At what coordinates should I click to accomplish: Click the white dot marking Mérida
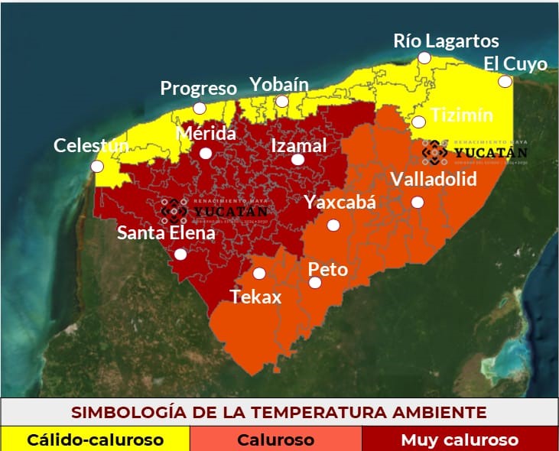point(205,153)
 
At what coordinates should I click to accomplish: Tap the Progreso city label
point(198,88)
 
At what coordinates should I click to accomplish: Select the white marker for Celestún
point(96,166)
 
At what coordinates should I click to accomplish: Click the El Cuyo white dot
point(505,81)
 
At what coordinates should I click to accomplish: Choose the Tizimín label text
point(462,115)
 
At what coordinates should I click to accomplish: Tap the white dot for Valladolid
point(418,202)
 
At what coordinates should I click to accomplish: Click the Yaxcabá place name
point(340,202)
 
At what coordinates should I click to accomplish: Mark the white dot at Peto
point(315,283)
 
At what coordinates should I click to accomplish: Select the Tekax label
point(256,297)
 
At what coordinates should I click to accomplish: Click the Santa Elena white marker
point(180,254)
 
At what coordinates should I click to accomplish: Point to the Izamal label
point(299,145)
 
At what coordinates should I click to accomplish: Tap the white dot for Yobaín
point(282,101)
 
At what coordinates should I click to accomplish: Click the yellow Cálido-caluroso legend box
point(95,440)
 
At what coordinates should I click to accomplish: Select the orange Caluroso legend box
point(275,440)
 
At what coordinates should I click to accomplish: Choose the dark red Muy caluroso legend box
point(460,440)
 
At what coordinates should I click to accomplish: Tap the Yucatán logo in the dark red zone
point(214,209)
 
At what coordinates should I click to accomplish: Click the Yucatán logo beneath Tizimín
point(475,151)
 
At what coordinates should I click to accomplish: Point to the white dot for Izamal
point(298,160)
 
